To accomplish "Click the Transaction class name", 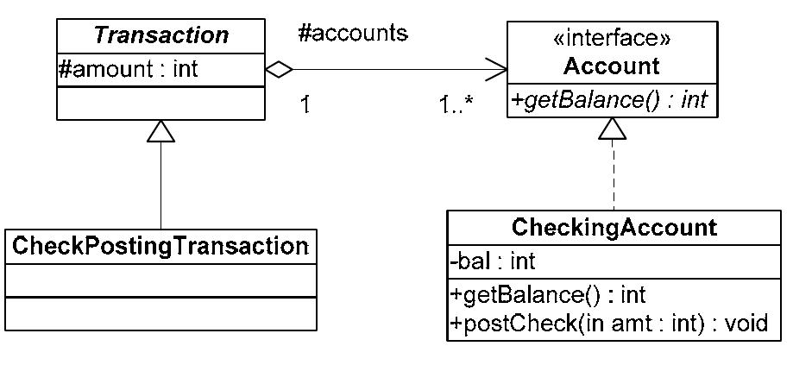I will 160,35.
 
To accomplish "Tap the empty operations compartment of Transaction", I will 160,103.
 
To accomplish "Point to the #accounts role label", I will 352,34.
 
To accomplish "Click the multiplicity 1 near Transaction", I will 304,104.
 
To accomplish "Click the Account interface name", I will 610,66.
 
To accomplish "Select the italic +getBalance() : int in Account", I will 609,99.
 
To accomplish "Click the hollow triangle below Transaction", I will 161,131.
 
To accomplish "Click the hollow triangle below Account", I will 611,129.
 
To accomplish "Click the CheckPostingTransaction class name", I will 160,246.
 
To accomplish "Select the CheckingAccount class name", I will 614,228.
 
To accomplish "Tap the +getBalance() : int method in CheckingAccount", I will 547,295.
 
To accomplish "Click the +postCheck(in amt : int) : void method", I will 603,324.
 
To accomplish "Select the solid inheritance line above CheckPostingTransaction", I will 161,186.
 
